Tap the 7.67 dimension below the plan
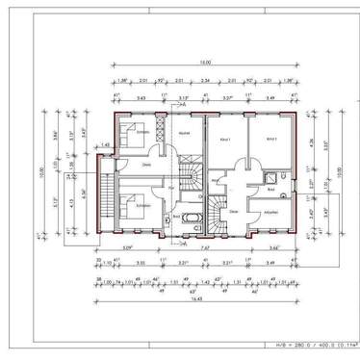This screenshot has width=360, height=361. pyautogui.click(x=206, y=247)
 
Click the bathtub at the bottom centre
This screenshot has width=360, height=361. pyautogui.click(x=189, y=219)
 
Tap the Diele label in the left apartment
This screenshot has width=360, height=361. pyautogui.click(x=147, y=165)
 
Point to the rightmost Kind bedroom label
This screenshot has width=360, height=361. pyautogui.click(x=271, y=140)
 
